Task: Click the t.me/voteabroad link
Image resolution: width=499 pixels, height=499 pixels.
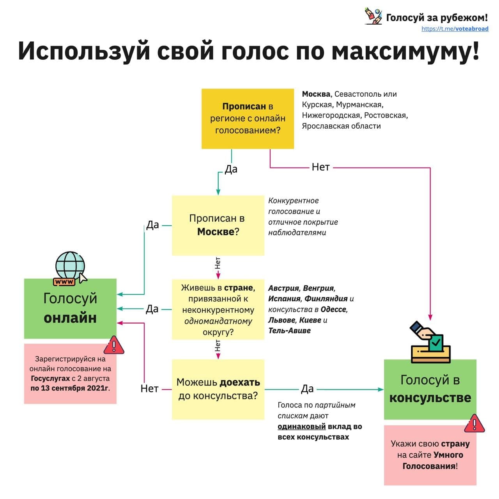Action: click(x=455, y=29)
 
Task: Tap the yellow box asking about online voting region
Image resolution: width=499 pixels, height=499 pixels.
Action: click(x=248, y=119)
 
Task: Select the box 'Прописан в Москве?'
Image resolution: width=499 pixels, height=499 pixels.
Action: click(x=218, y=225)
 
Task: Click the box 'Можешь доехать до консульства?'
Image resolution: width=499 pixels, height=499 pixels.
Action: click(x=218, y=389)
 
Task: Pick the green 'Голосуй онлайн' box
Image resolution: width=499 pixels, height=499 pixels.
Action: click(x=70, y=308)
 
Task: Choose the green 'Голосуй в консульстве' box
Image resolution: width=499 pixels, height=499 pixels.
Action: click(x=430, y=389)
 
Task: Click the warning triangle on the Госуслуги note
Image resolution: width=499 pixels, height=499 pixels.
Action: click(x=114, y=345)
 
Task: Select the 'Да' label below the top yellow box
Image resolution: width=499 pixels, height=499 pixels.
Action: click(x=231, y=169)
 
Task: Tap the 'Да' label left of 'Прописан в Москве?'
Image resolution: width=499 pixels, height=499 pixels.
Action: click(x=152, y=225)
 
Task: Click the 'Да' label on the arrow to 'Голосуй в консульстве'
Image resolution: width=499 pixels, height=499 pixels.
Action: click(x=307, y=389)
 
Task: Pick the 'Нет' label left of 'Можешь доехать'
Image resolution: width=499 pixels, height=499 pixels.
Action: click(x=149, y=389)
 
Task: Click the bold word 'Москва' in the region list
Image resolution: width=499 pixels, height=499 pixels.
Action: click(x=316, y=94)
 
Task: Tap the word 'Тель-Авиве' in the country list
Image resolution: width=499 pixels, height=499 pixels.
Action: click(x=289, y=331)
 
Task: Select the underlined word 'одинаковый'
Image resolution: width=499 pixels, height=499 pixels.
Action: click(x=302, y=426)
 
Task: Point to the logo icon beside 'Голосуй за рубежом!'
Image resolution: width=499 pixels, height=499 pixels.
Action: click(x=373, y=16)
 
